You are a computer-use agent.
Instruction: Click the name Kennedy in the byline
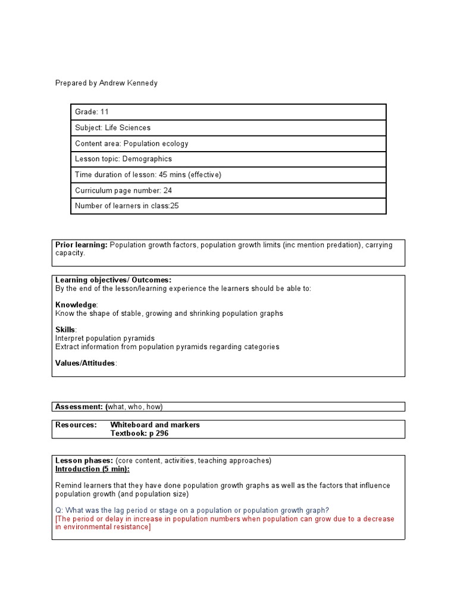click(x=142, y=83)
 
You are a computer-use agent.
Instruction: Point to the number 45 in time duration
click(x=164, y=175)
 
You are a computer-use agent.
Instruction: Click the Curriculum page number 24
click(x=167, y=190)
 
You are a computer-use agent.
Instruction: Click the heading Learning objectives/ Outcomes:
click(x=113, y=280)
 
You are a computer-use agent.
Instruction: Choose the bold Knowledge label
click(x=76, y=305)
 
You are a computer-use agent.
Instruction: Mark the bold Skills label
click(x=65, y=330)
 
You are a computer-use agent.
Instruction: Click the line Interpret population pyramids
click(x=105, y=338)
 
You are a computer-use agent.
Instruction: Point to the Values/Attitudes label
click(x=86, y=363)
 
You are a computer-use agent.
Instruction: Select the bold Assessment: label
click(x=79, y=407)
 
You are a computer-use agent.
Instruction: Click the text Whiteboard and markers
click(x=155, y=425)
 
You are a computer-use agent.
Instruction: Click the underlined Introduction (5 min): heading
click(x=92, y=469)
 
